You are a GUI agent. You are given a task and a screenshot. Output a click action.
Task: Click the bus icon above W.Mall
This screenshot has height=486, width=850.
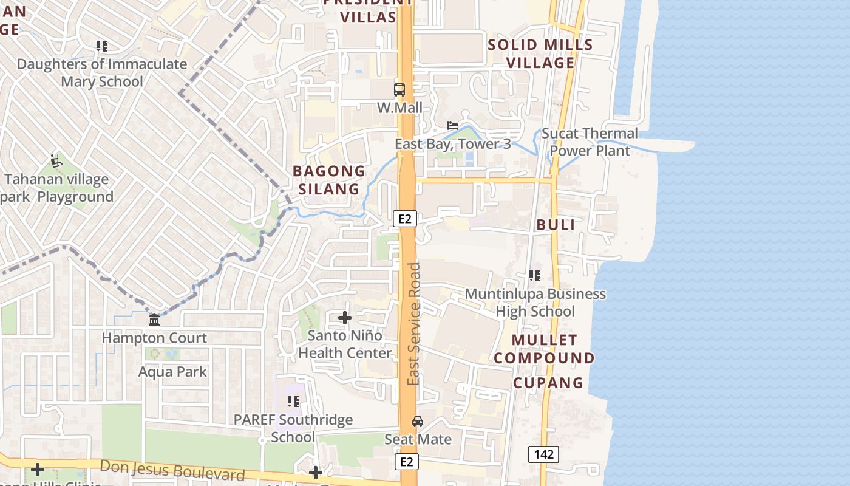(x=399, y=90)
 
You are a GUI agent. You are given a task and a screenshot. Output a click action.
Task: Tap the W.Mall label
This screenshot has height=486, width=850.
(x=399, y=108)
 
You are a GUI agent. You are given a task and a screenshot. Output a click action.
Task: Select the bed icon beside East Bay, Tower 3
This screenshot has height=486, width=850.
(x=453, y=126)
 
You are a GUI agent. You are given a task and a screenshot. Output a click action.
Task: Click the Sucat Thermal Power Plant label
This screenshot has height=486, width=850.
(x=590, y=142)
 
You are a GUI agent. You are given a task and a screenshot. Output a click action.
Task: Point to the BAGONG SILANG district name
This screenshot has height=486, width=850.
(x=329, y=180)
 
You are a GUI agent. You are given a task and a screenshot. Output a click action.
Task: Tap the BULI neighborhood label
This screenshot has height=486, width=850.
(x=556, y=225)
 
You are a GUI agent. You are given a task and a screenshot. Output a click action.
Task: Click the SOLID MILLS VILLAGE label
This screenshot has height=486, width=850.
(x=540, y=53)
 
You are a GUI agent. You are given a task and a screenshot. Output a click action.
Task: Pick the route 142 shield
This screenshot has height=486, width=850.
(x=543, y=454)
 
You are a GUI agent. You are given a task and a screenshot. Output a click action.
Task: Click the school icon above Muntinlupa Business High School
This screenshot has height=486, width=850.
(x=535, y=276)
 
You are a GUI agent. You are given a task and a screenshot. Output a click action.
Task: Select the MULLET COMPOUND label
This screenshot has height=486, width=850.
(x=544, y=349)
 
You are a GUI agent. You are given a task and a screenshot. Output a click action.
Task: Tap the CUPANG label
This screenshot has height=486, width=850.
(x=548, y=383)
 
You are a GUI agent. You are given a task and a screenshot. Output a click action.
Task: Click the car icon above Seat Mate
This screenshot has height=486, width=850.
(x=418, y=422)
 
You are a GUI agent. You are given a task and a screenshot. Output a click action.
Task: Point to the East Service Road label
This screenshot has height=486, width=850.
(x=414, y=323)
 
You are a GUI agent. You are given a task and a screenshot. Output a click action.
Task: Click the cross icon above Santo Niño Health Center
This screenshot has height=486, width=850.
(x=345, y=318)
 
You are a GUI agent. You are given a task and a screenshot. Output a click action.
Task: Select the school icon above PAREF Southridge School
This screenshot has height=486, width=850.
(x=293, y=402)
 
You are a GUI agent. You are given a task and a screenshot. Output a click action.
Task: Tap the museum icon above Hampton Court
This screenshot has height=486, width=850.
(x=154, y=320)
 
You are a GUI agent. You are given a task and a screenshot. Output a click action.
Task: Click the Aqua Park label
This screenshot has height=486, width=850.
(x=173, y=372)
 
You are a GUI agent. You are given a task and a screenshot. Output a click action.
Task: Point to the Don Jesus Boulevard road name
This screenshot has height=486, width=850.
(x=172, y=470)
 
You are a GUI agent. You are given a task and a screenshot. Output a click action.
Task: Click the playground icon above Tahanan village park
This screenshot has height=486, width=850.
(x=56, y=161)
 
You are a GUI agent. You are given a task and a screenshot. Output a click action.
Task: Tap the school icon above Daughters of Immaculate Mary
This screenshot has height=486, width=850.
(x=102, y=46)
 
